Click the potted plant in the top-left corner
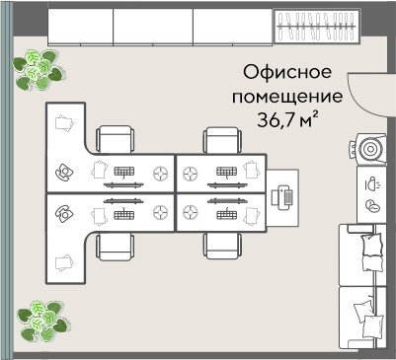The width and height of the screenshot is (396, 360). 38,68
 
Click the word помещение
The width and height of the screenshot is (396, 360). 287,98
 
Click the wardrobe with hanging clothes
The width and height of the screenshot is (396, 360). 314,27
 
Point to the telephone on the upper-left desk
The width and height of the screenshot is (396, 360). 62,172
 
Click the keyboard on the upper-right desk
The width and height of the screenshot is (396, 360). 223,171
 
